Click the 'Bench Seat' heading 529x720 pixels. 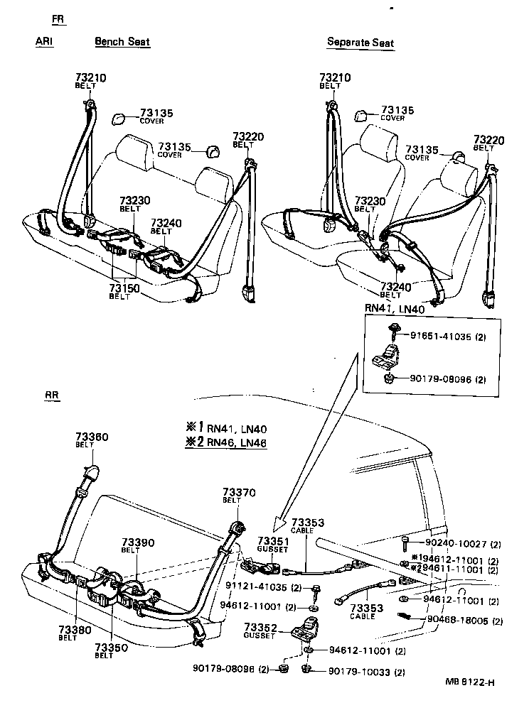(x=122, y=41)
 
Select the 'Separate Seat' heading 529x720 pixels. (x=360, y=42)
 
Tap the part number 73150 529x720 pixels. (x=124, y=288)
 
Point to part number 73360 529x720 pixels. (x=92, y=437)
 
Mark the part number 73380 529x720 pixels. (x=68, y=629)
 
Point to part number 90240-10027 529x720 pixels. (x=455, y=545)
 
